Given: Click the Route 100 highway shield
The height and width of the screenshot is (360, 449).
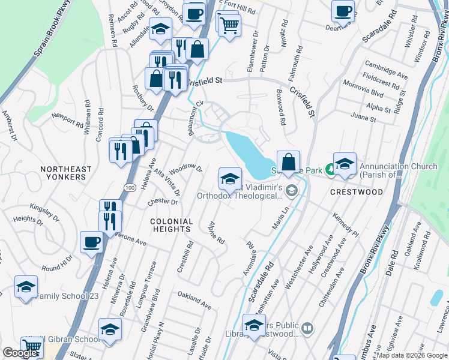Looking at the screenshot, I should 130,188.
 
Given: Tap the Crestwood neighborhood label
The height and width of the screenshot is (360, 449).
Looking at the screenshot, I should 357,192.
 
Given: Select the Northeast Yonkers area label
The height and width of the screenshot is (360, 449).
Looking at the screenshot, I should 66,174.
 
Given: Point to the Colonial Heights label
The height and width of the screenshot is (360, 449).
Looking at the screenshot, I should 171,225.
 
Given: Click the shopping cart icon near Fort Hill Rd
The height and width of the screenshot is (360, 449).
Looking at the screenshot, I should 228,25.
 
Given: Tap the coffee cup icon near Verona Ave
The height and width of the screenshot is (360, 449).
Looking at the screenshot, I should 91,242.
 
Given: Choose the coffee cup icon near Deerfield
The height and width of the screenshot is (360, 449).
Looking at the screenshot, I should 343,10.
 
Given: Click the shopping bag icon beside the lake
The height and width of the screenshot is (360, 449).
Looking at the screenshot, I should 289,161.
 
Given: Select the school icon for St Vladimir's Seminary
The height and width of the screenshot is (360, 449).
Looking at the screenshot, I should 230,178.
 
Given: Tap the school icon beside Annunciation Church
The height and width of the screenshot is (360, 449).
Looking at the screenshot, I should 345,164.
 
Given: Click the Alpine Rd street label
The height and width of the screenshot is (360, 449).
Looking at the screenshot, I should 216,232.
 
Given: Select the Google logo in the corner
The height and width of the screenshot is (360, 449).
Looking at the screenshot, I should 20,353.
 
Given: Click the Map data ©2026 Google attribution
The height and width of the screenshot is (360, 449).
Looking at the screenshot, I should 411,355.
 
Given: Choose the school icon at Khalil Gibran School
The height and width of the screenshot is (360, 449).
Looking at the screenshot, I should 110,329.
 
